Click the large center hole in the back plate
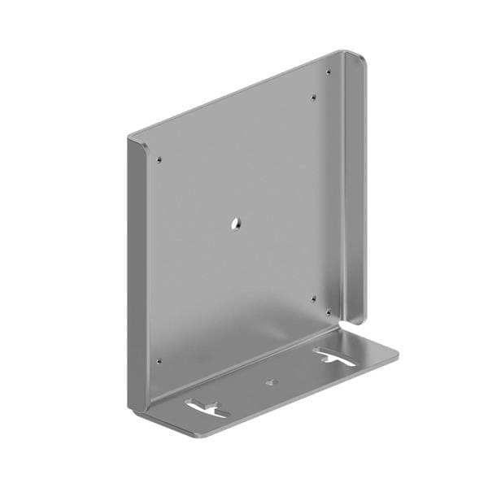click(x=233, y=222)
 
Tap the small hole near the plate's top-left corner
click(x=159, y=159)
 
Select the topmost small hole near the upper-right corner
click(x=328, y=72)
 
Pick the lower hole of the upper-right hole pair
click(x=314, y=99)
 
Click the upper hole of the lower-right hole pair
click(x=314, y=298)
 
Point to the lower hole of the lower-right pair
click(x=328, y=312)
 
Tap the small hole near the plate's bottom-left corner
click(x=159, y=360)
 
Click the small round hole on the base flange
click(x=272, y=381)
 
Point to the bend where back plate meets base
click(x=244, y=366)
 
